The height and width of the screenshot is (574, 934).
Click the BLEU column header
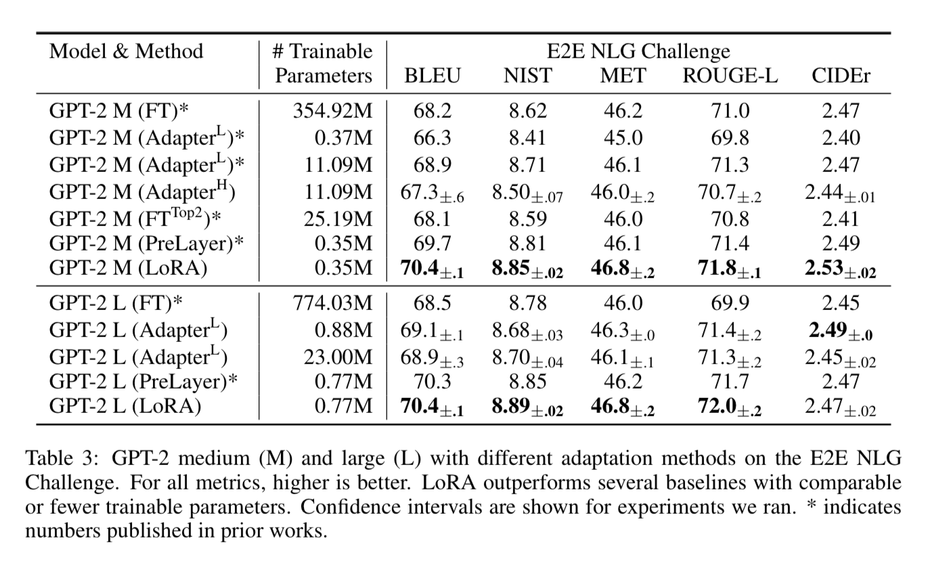click(x=432, y=76)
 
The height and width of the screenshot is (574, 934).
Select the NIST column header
click(x=527, y=76)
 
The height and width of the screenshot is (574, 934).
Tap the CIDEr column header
click(x=841, y=76)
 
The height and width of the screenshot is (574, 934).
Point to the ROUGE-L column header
click(x=730, y=76)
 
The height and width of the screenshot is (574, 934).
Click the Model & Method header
click(x=126, y=51)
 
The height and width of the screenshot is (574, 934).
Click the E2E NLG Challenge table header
click(x=638, y=51)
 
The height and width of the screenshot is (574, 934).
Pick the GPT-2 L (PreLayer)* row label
click(x=143, y=381)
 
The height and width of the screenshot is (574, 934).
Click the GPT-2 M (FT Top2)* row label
click(x=136, y=219)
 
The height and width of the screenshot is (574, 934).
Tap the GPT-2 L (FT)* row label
click(x=116, y=303)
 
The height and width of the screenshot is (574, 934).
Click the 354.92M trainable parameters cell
click(x=332, y=110)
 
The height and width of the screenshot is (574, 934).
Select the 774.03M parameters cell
click(x=332, y=303)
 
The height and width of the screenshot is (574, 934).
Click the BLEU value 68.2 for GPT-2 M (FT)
click(x=432, y=110)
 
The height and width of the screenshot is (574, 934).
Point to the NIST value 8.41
click(x=527, y=138)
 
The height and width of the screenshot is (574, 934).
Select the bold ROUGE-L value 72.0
click(x=721, y=407)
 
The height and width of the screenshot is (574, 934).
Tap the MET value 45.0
click(x=623, y=138)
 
